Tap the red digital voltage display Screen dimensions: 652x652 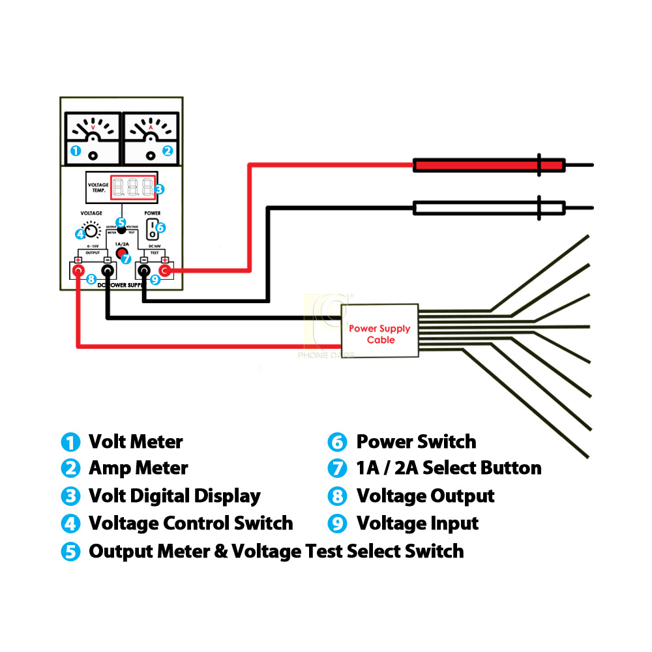click(133, 188)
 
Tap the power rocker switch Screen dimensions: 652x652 click(152, 229)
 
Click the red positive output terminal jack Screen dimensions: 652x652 click(78, 269)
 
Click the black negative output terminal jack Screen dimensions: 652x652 click(107, 269)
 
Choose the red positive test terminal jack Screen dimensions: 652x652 click(165, 269)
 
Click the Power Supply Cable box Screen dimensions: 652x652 click(379, 330)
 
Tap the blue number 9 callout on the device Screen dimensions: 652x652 click(155, 280)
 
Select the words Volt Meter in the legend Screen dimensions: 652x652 click(136, 442)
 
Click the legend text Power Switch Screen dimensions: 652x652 click(416, 442)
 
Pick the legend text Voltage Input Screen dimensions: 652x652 click(417, 524)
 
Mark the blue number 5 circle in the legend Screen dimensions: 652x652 click(70, 552)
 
